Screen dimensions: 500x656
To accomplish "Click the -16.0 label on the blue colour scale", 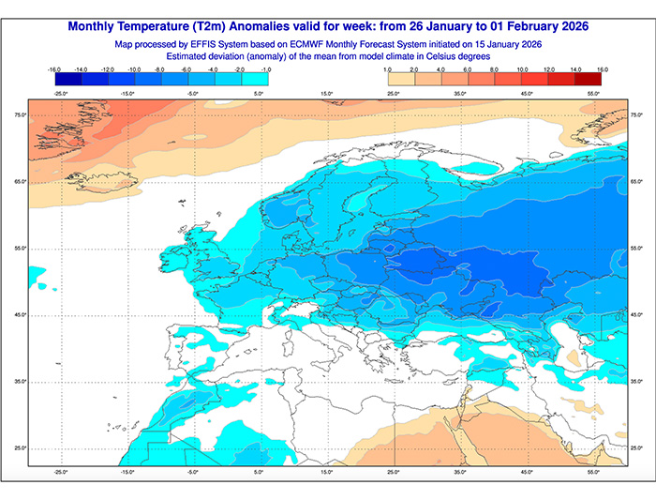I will [x=53, y=69].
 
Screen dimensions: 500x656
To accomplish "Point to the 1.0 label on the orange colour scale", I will [x=387, y=69].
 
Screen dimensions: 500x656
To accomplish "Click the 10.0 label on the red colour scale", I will [x=521, y=69].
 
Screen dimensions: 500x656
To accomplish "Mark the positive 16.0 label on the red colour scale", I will [x=602, y=69].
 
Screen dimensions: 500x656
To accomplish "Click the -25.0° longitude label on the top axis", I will [x=61, y=94].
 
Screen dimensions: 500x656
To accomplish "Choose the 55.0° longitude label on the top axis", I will [x=593, y=94].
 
